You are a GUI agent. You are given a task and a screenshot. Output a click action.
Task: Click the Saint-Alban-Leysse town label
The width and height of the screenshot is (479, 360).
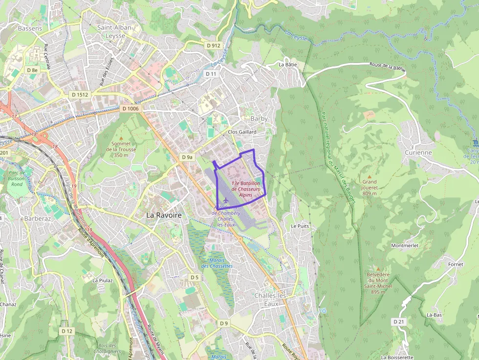(115, 31)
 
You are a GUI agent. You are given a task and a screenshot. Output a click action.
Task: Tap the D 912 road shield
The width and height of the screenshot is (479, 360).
(214, 45)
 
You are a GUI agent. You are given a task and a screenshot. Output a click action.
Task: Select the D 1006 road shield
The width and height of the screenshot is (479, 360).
(131, 109)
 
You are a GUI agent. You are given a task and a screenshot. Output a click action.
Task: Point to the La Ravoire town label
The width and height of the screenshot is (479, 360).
(164, 215)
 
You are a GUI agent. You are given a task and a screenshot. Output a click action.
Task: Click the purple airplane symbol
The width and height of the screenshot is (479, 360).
(225, 200)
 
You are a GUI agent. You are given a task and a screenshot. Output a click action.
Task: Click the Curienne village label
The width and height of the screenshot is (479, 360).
(418, 152)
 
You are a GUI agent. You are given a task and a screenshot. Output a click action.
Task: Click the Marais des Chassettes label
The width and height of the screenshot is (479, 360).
(217, 263)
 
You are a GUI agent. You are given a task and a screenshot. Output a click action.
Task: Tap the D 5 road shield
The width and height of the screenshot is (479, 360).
(195, 277)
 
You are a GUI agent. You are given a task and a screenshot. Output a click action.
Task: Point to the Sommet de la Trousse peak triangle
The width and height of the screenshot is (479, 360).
(121, 138)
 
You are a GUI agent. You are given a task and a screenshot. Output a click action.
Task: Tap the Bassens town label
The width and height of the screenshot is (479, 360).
(30, 28)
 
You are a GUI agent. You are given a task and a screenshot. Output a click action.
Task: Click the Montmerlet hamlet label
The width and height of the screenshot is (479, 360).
(405, 245)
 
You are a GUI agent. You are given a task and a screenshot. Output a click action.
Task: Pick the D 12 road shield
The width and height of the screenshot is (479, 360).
(67, 331)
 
